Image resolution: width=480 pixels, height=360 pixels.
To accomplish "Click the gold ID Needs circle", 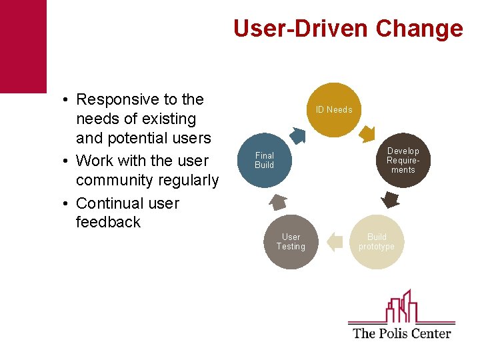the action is click(x=334, y=110).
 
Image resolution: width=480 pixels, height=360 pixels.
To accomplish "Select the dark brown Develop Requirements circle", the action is click(x=403, y=160).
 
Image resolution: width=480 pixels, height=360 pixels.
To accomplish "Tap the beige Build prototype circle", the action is click(x=377, y=242).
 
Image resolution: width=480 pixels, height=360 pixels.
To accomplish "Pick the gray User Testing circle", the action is click(x=291, y=242).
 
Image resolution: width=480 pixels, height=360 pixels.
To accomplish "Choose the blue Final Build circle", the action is click(x=265, y=161).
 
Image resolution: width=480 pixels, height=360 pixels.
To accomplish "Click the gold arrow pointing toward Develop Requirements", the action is click(x=367, y=135).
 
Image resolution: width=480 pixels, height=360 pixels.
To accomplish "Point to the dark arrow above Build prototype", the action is click(x=389, y=199).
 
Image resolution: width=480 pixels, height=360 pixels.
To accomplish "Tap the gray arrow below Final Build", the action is click(x=279, y=201).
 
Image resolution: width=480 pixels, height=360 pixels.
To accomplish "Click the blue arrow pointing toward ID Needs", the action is click(x=297, y=136).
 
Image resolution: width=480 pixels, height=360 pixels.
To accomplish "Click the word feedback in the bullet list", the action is click(x=109, y=222).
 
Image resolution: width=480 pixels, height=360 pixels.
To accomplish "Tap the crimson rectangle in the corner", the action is click(x=23, y=46).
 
